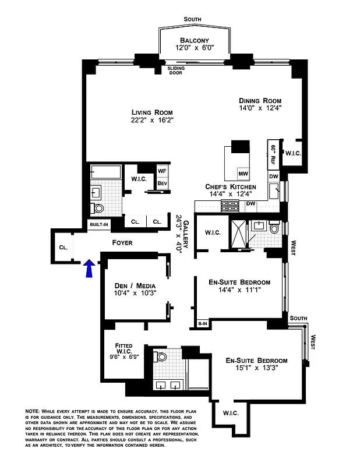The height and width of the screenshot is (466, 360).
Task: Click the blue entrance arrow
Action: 89,269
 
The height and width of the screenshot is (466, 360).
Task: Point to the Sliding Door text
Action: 176,71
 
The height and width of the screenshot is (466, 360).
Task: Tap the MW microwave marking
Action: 242,174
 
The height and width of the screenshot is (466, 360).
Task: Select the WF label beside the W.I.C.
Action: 163,171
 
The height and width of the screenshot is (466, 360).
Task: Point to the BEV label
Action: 163,183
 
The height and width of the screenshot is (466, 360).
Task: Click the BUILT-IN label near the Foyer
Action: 98,224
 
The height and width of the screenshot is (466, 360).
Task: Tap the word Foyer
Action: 122,242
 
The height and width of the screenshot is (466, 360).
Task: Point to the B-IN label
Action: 203,323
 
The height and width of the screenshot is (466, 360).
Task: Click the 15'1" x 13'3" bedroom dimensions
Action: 256,368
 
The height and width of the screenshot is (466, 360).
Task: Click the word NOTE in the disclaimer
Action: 33,412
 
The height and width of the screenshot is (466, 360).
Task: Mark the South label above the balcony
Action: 192,20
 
